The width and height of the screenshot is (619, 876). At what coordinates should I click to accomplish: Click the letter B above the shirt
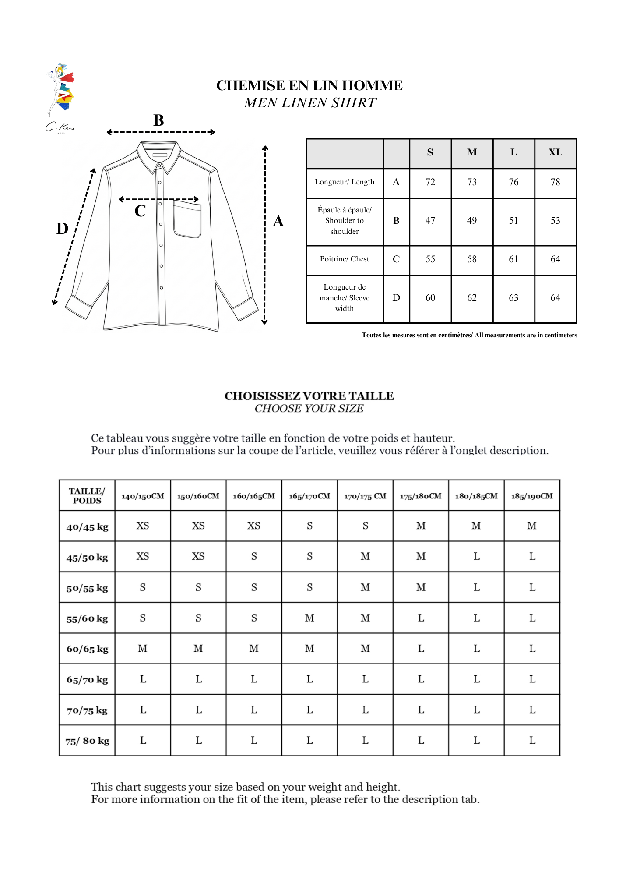pyautogui.click(x=158, y=120)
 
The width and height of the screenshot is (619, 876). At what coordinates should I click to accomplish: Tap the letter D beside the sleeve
pyautogui.click(x=63, y=228)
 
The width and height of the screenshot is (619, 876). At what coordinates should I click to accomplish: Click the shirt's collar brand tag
pyautogui.click(x=160, y=155)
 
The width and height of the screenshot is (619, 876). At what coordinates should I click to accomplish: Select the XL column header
pyautogui.click(x=555, y=152)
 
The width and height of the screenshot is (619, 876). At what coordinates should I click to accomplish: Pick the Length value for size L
pyautogui.click(x=513, y=182)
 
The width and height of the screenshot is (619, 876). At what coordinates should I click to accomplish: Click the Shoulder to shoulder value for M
pyautogui.click(x=471, y=221)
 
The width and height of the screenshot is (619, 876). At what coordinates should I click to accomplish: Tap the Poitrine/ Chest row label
pyautogui.click(x=345, y=259)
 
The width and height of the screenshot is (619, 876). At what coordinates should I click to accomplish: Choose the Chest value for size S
pyautogui.click(x=430, y=259)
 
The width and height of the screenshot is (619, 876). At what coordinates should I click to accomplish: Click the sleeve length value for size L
pyautogui.click(x=513, y=298)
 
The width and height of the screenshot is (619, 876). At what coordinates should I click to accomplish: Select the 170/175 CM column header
pyautogui.click(x=365, y=496)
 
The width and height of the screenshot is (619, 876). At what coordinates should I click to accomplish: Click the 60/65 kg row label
pyautogui.click(x=87, y=649)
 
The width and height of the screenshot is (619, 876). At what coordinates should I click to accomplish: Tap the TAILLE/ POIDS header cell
pyautogui.click(x=87, y=496)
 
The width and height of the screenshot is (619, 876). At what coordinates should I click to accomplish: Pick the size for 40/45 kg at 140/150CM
pyautogui.click(x=143, y=526)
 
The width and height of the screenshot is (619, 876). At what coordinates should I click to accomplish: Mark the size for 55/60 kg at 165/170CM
pyautogui.click(x=309, y=618)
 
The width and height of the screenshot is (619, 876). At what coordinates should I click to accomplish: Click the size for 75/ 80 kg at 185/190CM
pyautogui.click(x=532, y=741)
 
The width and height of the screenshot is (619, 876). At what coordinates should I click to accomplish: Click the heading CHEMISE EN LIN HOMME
pyautogui.click(x=309, y=85)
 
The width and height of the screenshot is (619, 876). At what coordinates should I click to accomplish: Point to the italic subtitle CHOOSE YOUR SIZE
pyautogui.click(x=309, y=409)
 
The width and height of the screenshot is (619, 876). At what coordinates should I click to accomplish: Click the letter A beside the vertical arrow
pyautogui.click(x=278, y=221)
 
